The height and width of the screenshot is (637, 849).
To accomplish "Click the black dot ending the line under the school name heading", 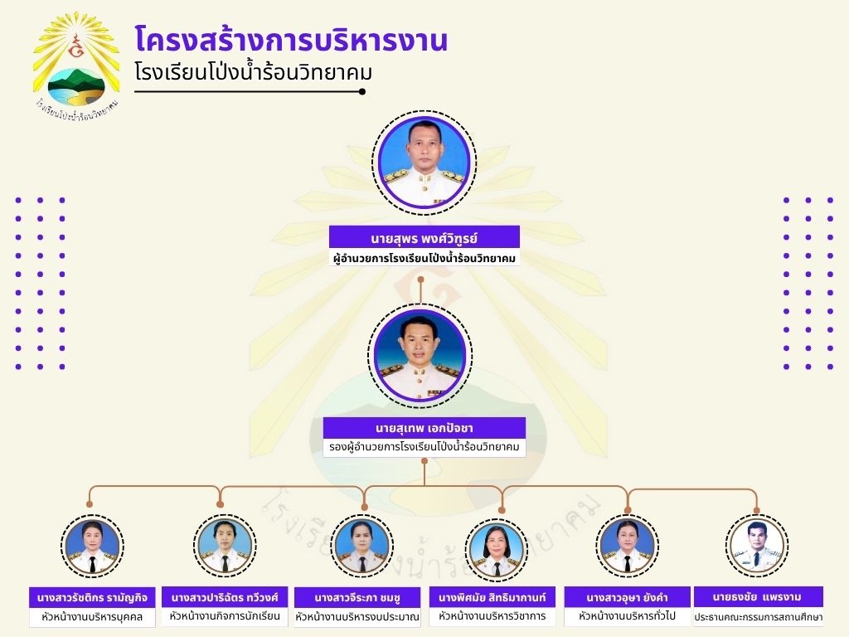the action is (362, 91).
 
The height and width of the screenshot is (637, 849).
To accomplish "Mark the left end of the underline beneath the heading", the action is (135, 91).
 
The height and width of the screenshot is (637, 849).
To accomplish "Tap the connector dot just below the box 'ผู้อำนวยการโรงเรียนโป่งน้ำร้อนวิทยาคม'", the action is (420, 280).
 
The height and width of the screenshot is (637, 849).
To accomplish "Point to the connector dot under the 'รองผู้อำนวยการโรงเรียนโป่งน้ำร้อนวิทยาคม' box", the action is (424, 461).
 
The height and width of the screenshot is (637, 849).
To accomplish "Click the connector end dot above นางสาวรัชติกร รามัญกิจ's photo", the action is (90, 504).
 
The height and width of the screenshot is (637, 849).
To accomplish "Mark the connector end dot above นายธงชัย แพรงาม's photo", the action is (756, 510).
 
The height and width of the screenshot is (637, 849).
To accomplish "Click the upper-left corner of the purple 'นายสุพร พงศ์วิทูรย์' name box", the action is (329, 226).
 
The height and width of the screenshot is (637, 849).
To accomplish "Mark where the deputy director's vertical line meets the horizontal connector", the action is (424, 486).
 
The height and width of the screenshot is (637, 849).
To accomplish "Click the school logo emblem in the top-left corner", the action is (75, 65).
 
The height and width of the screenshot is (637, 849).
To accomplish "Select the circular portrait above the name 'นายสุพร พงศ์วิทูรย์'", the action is (424, 162).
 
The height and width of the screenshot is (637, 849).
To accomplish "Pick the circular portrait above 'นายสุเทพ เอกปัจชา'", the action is (420, 355).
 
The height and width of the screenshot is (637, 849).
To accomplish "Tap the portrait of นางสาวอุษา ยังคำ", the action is (627, 546).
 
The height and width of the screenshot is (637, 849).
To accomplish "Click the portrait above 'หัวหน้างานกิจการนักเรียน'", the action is (225, 546).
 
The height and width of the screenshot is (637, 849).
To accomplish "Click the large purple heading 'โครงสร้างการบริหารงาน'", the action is (291, 40).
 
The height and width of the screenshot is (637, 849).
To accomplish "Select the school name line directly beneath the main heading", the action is (254, 73).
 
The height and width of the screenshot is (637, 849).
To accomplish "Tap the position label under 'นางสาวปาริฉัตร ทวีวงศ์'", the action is (225, 616).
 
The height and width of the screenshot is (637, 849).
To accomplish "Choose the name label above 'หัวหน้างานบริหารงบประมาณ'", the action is (357, 598).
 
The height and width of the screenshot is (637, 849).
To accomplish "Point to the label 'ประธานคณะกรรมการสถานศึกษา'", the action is (759, 617).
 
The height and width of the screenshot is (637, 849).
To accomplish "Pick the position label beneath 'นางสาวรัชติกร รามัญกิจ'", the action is (92, 617).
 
